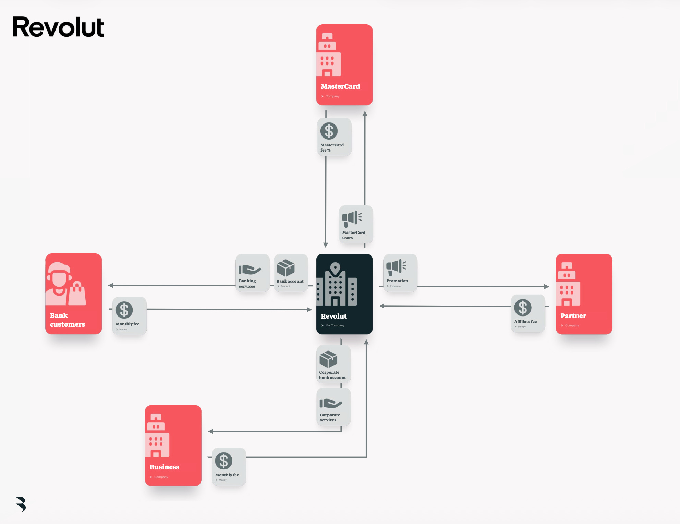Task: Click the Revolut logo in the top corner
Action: pyautogui.click(x=58, y=27)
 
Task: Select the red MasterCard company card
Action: pyautogui.click(x=344, y=64)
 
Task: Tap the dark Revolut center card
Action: pyautogui.click(x=344, y=294)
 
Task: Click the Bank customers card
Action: pyautogui.click(x=73, y=294)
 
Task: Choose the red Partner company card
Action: pyautogui.click(x=584, y=294)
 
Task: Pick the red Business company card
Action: pyautogui.click(x=173, y=445)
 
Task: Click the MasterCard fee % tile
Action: pyautogui.click(x=334, y=137)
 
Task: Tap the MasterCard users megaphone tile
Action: pyautogui.click(x=355, y=224)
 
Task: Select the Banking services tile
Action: pyautogui.click(x=252, y=273)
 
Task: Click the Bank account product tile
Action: pyautogui.click(x=291, y=273)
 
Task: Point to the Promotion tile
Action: pyautogui.click(x=400, y=273)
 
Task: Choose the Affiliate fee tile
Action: pyautogui.click(x=528, y=313)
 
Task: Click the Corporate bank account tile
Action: pyautogui.click(x=333, y=364)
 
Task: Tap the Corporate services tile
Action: pyautogui.click(x=333, y=407)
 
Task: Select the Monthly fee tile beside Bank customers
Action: pyautogui.click(x=129, y=316)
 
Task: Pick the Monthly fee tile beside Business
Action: pyautogui.click(x=229, y=467)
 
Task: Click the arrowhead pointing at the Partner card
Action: pyautogui.click(x=547, y=286)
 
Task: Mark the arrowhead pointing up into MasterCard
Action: pyautogui.click(x=365, y=114)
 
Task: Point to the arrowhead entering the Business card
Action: pyautogui.click(x=210, y=431)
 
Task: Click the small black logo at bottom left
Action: pyautogui.click(x=21, y=504)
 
